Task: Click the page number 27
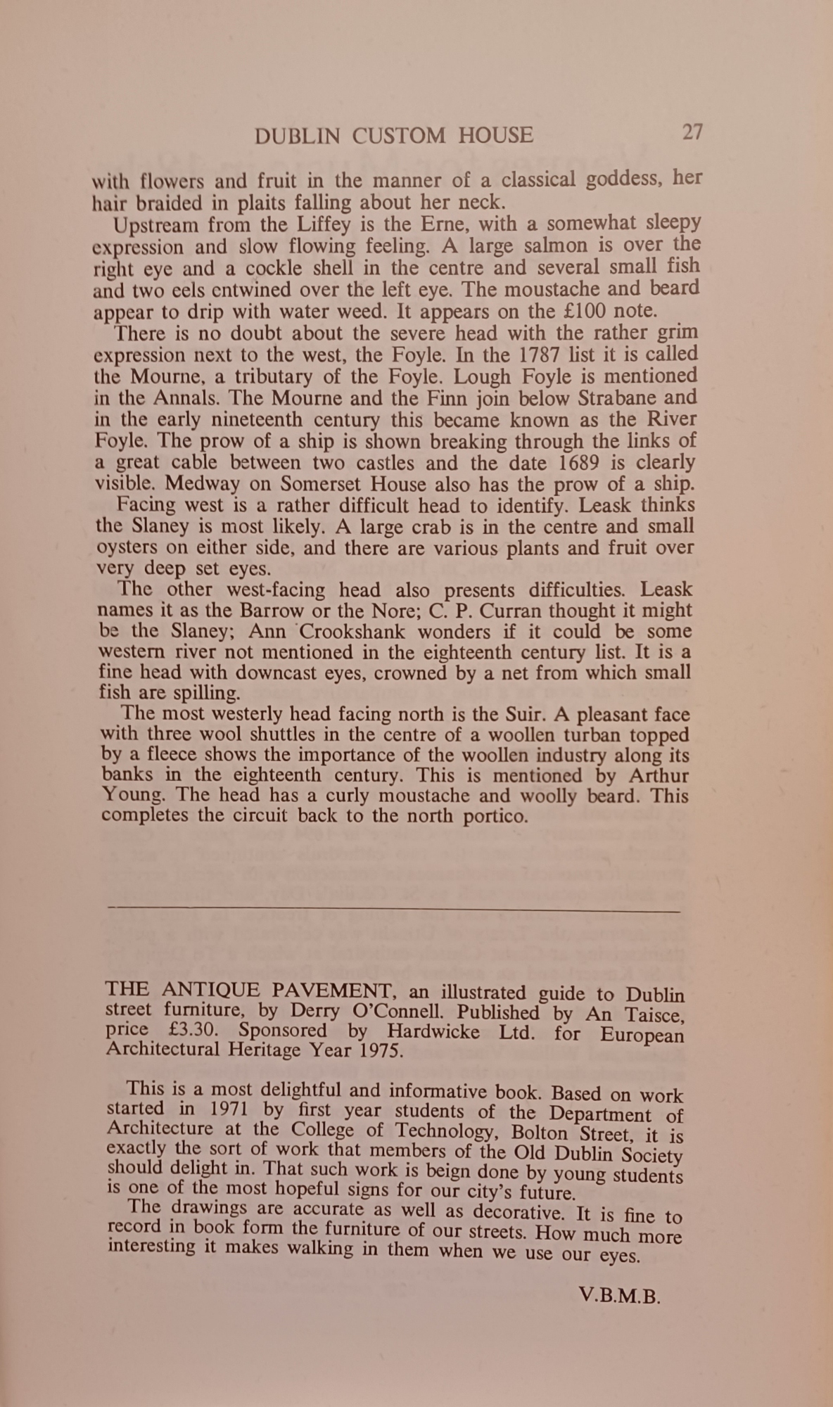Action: [692, 132]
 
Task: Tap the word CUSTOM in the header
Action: [399, 135]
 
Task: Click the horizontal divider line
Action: [394, 910]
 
